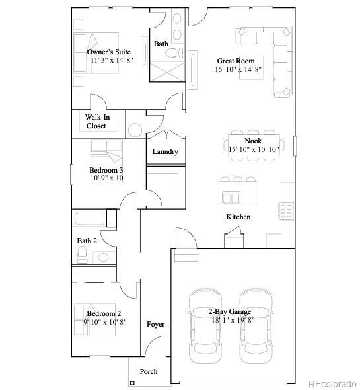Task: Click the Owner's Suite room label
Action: (x=108, y=51)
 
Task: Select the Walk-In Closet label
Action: (x=96, y=121)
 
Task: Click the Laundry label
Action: (x=165, y=151)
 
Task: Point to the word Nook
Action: (x=253, y=141)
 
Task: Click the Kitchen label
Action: (x=238, y=217)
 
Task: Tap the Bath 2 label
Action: (x=87, y=241)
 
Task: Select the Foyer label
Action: (x=155, y=324)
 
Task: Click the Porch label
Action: (x=149, y=371)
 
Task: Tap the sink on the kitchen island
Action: (x=231, y=196)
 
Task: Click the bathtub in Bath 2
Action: (x=89, y=219)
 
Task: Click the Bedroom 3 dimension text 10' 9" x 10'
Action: (x=107, y=178)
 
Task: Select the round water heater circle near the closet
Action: (x=135, y=129)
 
